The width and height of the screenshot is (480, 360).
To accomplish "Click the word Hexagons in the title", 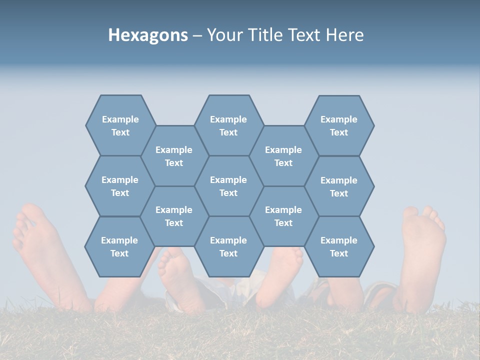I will [148, 35].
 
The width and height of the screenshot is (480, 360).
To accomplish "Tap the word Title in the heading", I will [265, 35].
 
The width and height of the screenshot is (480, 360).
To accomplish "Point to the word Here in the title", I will [344, 35].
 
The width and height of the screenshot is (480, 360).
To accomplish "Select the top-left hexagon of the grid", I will [120, 125].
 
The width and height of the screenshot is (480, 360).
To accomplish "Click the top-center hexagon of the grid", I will [228, 125].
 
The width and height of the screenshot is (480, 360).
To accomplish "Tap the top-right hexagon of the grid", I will [339, 125].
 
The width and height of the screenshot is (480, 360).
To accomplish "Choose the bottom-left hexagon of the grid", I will [119, 246].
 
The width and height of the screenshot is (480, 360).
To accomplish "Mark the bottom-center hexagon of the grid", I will [228, 246].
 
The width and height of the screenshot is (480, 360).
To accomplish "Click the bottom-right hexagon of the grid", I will [339, 246].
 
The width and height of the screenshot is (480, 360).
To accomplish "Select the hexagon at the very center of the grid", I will [228, 186].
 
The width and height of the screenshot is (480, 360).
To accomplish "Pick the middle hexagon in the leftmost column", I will [120, 186].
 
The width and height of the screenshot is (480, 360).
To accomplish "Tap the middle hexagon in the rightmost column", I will [339, 186].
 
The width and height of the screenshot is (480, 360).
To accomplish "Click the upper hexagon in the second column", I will [174, 156].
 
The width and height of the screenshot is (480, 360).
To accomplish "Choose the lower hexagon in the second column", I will [174, 216].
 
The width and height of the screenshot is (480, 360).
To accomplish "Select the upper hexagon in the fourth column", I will [283, 156].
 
